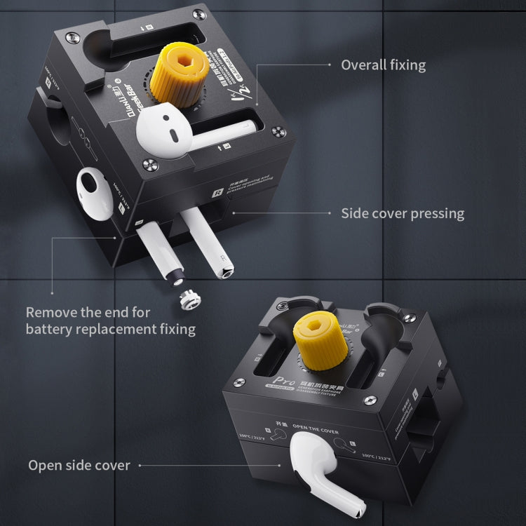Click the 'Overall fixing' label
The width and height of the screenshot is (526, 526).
pos(383,65)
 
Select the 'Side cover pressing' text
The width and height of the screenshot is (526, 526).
pos(403,213)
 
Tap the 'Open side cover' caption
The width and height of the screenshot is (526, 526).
pos(79,465)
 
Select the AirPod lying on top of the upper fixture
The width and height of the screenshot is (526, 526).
pos(172,129)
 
